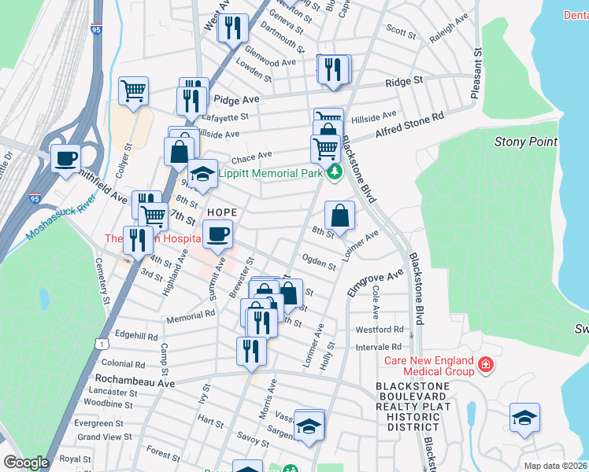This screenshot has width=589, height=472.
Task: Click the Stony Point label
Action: [x=525, y=142]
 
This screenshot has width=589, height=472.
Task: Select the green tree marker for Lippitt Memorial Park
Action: [x=335, y=172]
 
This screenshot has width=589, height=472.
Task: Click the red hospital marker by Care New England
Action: [x=486, y=365]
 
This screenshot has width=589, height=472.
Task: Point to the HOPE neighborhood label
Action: [x=221, y=213]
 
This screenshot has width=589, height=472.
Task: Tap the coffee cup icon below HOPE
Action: [x=218, y=233]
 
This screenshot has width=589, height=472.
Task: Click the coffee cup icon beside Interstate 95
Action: [x=65, y=157]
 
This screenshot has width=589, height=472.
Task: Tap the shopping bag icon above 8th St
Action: [x=339, y=215]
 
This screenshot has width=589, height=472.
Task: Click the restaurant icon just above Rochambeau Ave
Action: [x=251, y=350]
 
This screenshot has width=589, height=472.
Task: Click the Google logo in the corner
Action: [x=26, y=463]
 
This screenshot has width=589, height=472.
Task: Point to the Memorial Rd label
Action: [x=191, y=314]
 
